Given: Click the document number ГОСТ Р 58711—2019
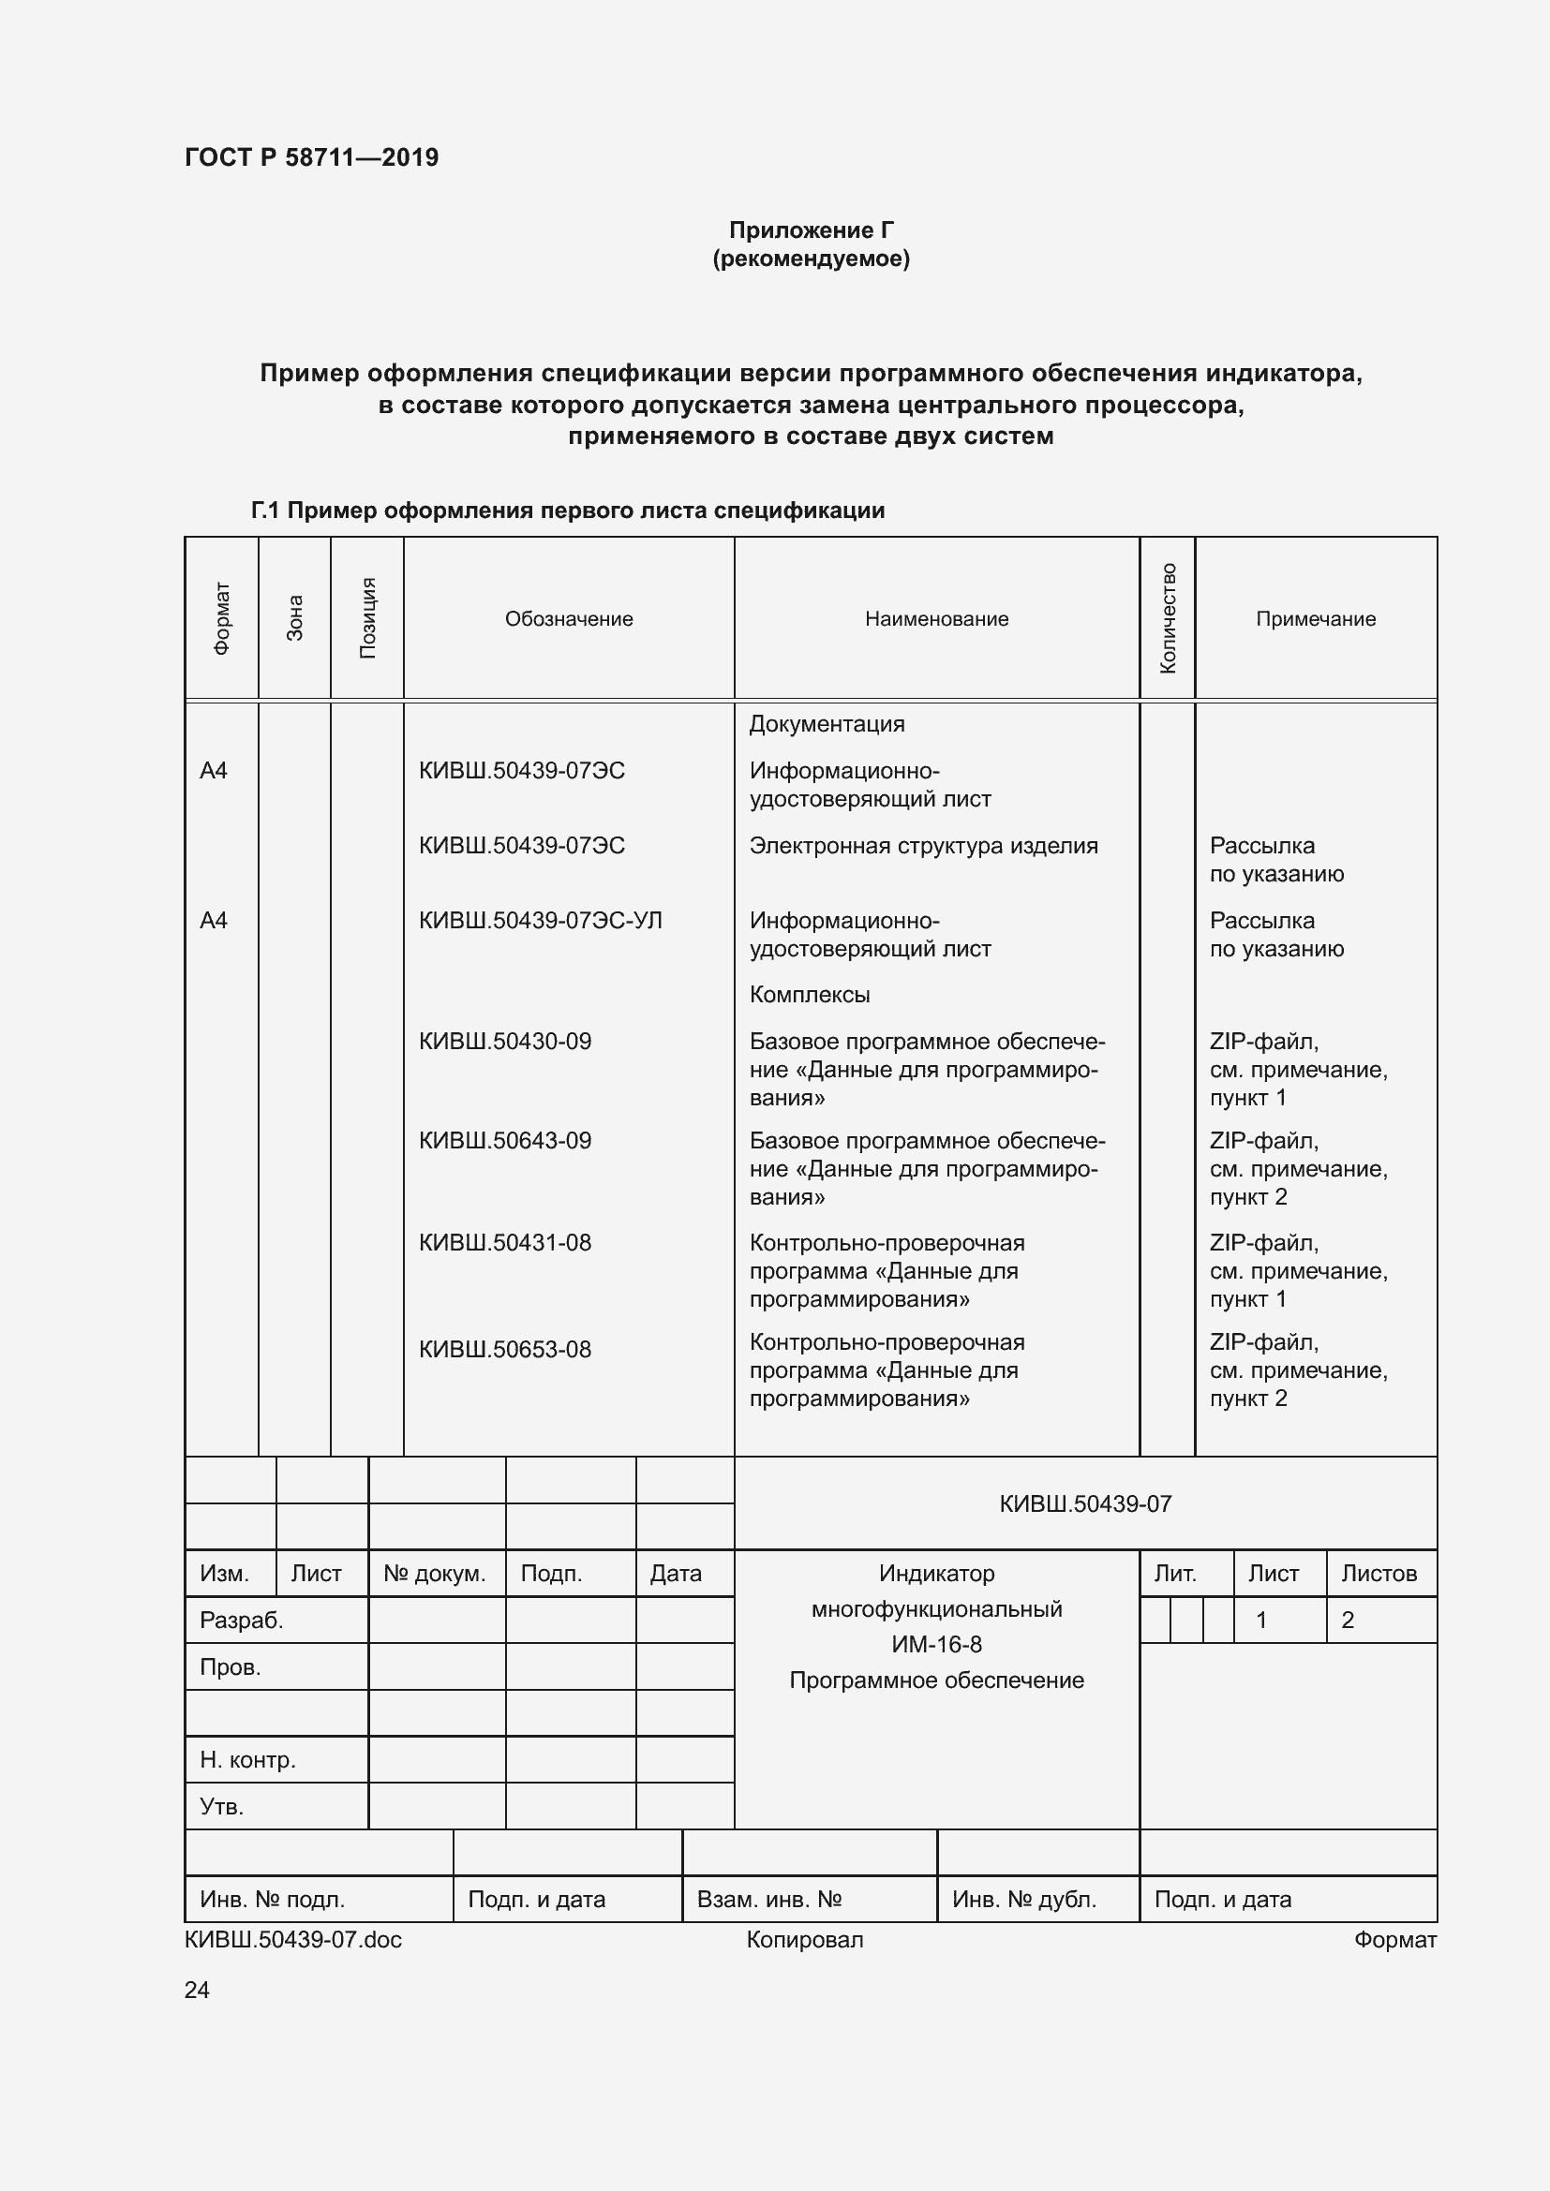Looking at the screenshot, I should coord(311,157).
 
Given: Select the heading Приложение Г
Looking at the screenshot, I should coord(812,230).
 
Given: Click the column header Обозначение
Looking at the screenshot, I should coord(569,618).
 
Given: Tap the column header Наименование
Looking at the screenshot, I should coord(936,618).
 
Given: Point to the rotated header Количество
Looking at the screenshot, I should coord(1168,618).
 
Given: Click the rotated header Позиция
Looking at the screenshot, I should coord(367,618).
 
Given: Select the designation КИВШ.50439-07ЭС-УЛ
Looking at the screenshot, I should coord(540,920).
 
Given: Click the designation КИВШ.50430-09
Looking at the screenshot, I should coord(505,1041).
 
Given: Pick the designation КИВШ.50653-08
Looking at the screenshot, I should coord(505,1349).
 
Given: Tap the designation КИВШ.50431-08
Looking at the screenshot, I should coord(505,1242).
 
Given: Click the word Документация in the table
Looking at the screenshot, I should coord(827,723).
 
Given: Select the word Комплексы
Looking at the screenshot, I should coord(810,995).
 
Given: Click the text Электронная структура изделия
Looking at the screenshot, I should coord(923,846).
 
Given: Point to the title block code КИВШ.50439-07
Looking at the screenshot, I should coord(1085,1504).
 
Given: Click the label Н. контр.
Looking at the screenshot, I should coord(248,1760).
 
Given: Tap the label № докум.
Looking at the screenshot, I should coord(434,1574).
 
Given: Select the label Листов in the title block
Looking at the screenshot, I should coord(1379,1574).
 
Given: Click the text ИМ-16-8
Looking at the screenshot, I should coord(936,1644).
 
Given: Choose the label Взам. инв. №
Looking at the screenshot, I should coord(769,1899).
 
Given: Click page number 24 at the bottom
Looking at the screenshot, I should coord(197,1990).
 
